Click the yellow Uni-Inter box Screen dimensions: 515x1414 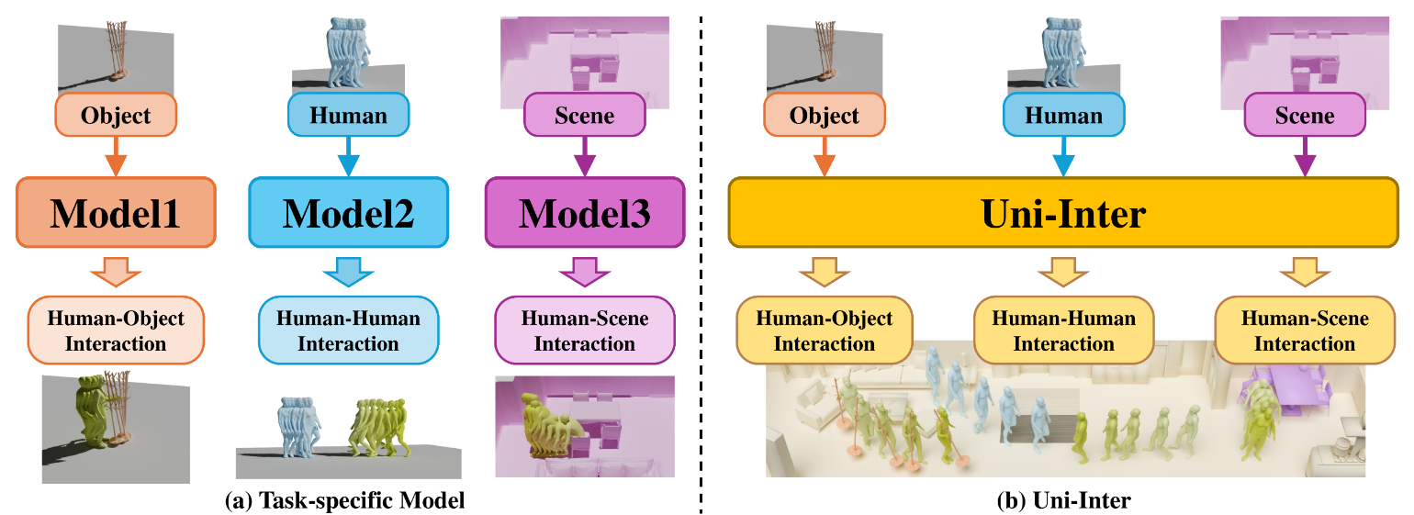(x=1063, y=213)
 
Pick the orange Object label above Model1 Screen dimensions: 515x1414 (x=116, y=116)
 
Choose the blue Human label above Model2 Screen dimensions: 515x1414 (x=348, y=116)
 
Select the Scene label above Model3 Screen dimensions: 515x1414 (x=584, y=116)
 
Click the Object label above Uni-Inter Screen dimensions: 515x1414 (x=824, y=116)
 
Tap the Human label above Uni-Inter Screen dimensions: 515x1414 (x=1063, y=116)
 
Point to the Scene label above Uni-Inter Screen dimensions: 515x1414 (x=1305, y=116)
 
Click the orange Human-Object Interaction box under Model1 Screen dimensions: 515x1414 (x=116, y=331)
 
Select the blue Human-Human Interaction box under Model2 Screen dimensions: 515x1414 (x=348, y=331)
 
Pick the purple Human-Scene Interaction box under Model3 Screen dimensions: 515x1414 (x=584, y=331)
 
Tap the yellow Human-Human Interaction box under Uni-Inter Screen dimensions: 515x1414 (x=1063, y=331)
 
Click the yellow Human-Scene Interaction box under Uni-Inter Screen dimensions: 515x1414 (x=1305, y=331)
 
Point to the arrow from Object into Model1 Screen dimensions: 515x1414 (x=116, y=156)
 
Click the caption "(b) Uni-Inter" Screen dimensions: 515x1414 (x=1063, y=501)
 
